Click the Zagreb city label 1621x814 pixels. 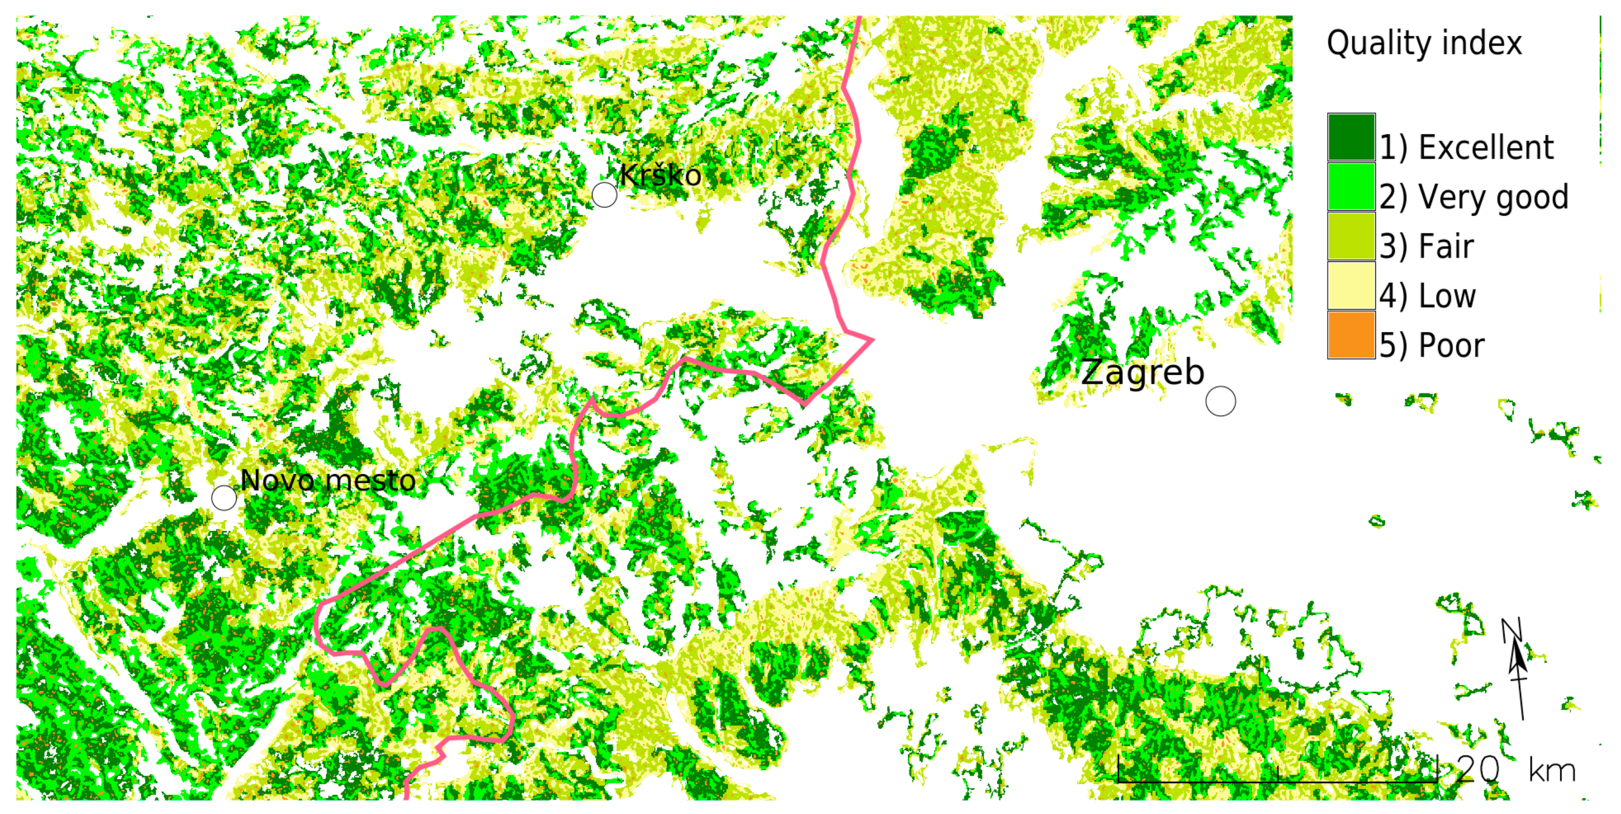1142,372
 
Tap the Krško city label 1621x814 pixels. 660,175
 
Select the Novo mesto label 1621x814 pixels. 328,481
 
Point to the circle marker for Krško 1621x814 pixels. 604,195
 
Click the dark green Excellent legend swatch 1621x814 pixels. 1351,137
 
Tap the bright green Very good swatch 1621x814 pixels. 1351,187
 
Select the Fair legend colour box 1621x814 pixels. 1351,236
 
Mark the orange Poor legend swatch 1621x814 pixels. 1351,334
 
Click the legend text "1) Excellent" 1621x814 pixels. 1466,148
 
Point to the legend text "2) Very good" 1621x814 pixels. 1474,197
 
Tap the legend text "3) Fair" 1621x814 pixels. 1427,246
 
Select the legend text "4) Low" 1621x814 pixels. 1427,296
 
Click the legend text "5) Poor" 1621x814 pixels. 1432,345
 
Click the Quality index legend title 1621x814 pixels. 1424,43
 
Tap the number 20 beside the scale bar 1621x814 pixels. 1478,769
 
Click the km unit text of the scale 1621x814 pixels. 1552,771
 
